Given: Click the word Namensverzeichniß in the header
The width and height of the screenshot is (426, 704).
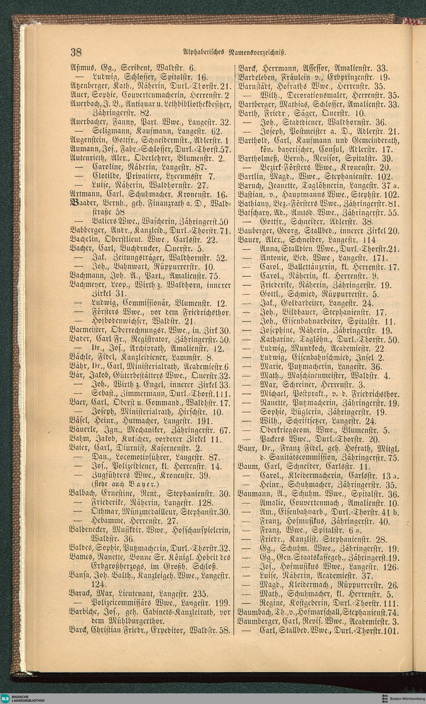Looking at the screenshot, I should click(x=256, y=53).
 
